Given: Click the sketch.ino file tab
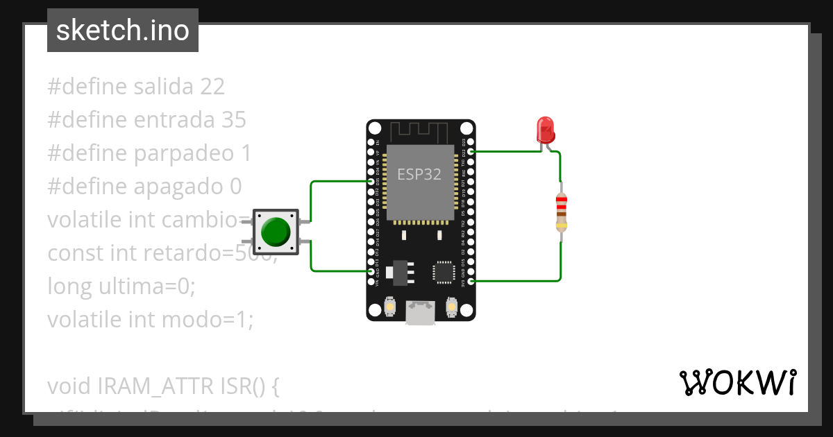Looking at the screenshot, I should click(123, 31).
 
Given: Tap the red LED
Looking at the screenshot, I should click(545, 130).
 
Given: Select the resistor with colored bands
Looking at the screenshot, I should click(561, 212).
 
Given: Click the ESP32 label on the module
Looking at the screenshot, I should click(419, 174).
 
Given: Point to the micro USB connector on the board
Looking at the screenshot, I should click(421, 313).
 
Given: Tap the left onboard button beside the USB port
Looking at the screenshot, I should click(390, 306).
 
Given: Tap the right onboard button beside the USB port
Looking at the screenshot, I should click(451, 306).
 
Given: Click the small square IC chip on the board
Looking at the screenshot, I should click(444, 272).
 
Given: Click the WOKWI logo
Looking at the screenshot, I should click(737, 382).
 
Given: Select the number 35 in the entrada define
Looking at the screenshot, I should click(234, 120).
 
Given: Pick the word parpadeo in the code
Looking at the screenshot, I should click(184, 153).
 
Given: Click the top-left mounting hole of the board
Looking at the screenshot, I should click(375, 128).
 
